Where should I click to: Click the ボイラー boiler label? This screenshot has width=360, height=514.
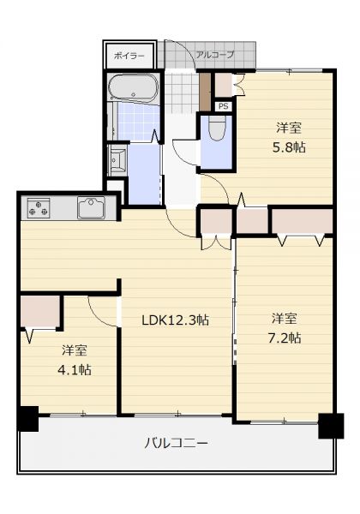click(129, 56)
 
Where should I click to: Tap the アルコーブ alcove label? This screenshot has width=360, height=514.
click(215, 54)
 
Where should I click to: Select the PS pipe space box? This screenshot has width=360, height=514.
click(223, 106)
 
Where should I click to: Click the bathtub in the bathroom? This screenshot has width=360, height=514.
click(133, 87)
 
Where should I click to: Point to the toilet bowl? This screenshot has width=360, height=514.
click(216, 127)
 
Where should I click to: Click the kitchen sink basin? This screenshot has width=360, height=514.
click(91, 207)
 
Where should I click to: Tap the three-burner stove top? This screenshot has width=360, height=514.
click(39, 208)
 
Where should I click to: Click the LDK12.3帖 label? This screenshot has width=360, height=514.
click(175, 320)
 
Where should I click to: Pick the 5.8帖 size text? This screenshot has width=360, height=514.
click(289, 147)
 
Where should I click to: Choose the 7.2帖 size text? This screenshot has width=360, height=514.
click(285, 338)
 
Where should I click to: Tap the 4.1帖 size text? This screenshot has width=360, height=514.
click(75, 370)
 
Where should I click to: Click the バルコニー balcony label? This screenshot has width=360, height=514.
click(176, 444)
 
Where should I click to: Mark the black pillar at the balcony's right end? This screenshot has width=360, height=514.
click(331, 426)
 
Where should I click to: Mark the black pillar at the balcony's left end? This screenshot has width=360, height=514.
click(28, 419)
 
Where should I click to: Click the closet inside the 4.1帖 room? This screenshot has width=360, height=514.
click(40, 312)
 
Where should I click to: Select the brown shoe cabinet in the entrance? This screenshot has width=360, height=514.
click(205, 92)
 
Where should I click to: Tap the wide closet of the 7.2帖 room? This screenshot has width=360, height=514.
click(302, 221)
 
